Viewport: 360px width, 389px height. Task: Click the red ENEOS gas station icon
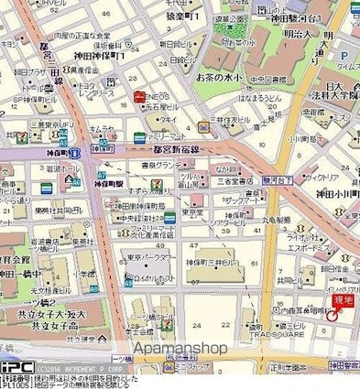click(x=137, y=96)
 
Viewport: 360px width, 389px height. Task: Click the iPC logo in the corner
click(x=16, y=365)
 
